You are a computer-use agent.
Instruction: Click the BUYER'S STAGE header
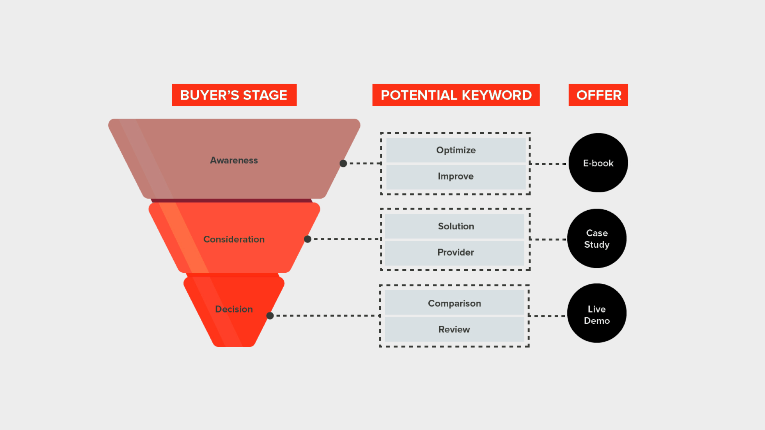234,95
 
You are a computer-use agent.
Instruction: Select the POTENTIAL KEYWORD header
456,95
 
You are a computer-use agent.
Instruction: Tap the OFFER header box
598,95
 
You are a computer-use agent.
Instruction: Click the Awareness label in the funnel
234,160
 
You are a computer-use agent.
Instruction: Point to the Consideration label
234,239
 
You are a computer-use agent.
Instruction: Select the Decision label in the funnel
234,309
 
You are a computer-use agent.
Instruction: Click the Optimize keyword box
456,150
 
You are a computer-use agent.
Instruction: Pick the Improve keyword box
456,176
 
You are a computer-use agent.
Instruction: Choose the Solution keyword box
455,226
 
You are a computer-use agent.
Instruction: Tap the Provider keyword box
455,253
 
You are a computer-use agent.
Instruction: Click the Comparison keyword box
455,303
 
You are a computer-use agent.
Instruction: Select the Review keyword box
455,329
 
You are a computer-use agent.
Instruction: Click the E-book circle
598,163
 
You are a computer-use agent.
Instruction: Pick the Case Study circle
597,238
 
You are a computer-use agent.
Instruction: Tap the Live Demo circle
597,313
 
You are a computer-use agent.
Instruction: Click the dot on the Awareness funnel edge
343,163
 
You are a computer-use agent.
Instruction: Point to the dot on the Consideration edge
308,239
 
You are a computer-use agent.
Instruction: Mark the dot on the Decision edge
270,316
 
